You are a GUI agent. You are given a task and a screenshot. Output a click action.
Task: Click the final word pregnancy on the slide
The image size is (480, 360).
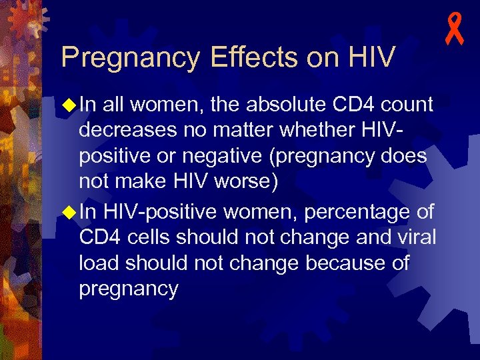tap(128, 289)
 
